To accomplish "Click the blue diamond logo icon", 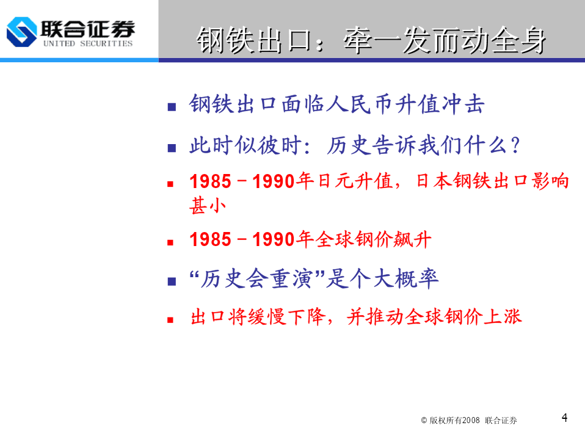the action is (x=21, y=32).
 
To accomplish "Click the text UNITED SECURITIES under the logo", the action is (x=88, y=43).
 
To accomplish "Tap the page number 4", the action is (x=564, y=418).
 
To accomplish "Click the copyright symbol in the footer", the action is (x=424, y=420).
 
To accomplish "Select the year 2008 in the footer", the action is (x=471, y=420).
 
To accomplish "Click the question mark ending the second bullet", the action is (x=515, y=145).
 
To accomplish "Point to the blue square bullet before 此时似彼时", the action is (x=172, y=148).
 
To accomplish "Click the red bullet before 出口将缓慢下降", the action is (x=170, y=320).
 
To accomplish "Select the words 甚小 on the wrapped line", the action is (x=208, y=206).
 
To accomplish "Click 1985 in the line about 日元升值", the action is (x=211, y=181).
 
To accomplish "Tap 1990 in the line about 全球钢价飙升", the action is (x=274, y=239).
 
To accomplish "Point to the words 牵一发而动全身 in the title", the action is (x=445, y=40).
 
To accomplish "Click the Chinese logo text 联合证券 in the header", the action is (x=88, y=29).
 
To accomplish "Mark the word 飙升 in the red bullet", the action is (x=413, y=239).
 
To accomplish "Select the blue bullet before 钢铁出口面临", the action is (x=172, y=107).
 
